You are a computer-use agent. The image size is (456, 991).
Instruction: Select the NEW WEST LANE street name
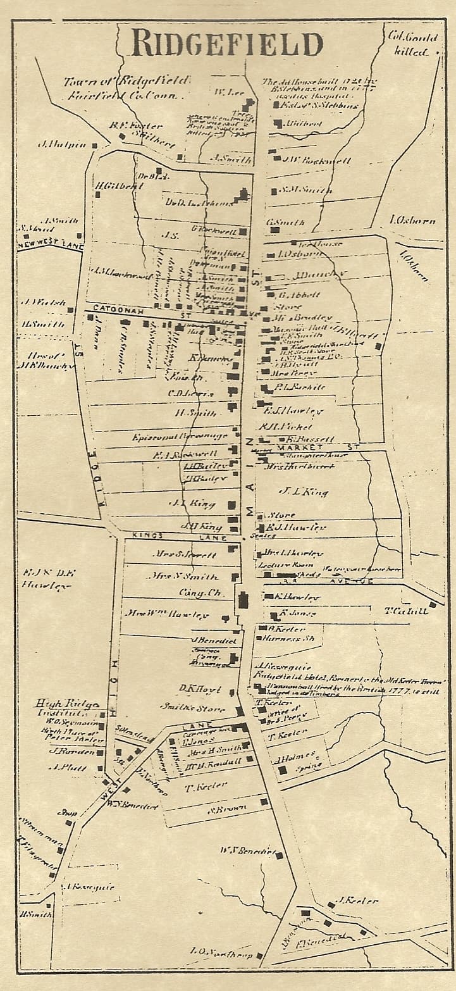50,246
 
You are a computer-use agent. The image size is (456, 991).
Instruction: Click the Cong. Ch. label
197,594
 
